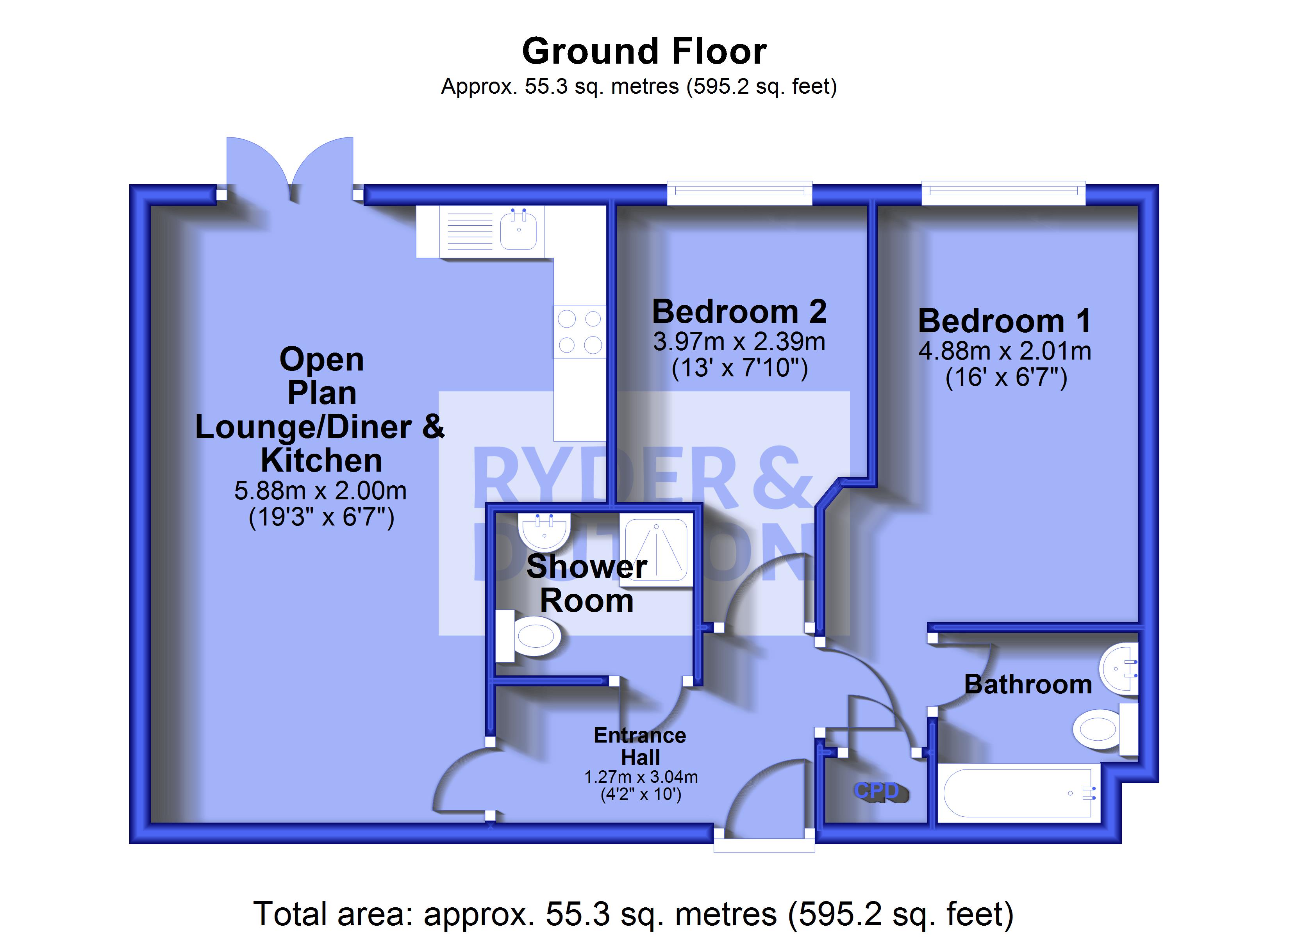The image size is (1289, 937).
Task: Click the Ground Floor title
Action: coord(644,51)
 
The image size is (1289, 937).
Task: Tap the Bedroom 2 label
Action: coord(739,312)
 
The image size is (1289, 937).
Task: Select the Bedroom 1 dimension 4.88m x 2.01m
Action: coord(1005,351)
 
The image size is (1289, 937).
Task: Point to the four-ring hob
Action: coord(580,332)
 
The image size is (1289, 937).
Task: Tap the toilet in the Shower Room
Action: coord(528,636)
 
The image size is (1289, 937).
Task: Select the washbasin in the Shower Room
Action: coord(545,531)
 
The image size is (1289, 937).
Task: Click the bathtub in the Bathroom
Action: coord(1018,793)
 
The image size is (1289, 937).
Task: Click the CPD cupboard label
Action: coord(877,790)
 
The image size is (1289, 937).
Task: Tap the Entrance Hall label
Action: coord(640,746)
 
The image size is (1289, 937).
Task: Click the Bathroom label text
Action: coord(1028,684)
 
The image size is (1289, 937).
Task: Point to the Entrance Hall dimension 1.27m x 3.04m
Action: coord(641,777)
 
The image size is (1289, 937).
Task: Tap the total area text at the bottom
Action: coord(633,914)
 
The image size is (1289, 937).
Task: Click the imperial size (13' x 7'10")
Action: coord(739,368)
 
